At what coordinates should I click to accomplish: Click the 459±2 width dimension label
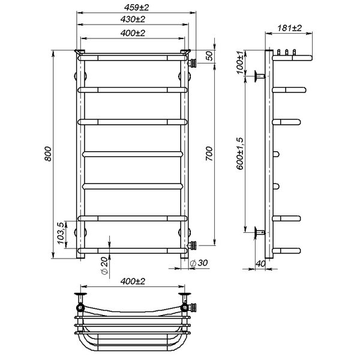click(136, 8)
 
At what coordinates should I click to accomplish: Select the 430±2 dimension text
click(133, 19)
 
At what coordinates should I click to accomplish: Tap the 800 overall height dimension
click(48, 154)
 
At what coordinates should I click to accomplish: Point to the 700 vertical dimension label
click(209, 154)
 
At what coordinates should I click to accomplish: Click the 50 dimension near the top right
click(209, 56)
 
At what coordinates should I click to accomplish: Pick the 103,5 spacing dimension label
click(61, 233)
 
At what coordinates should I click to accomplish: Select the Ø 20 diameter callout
click(104, 266)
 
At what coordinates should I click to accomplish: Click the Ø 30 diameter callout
click(199, 263)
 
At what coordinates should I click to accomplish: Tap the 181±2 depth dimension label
click(289, 28)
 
